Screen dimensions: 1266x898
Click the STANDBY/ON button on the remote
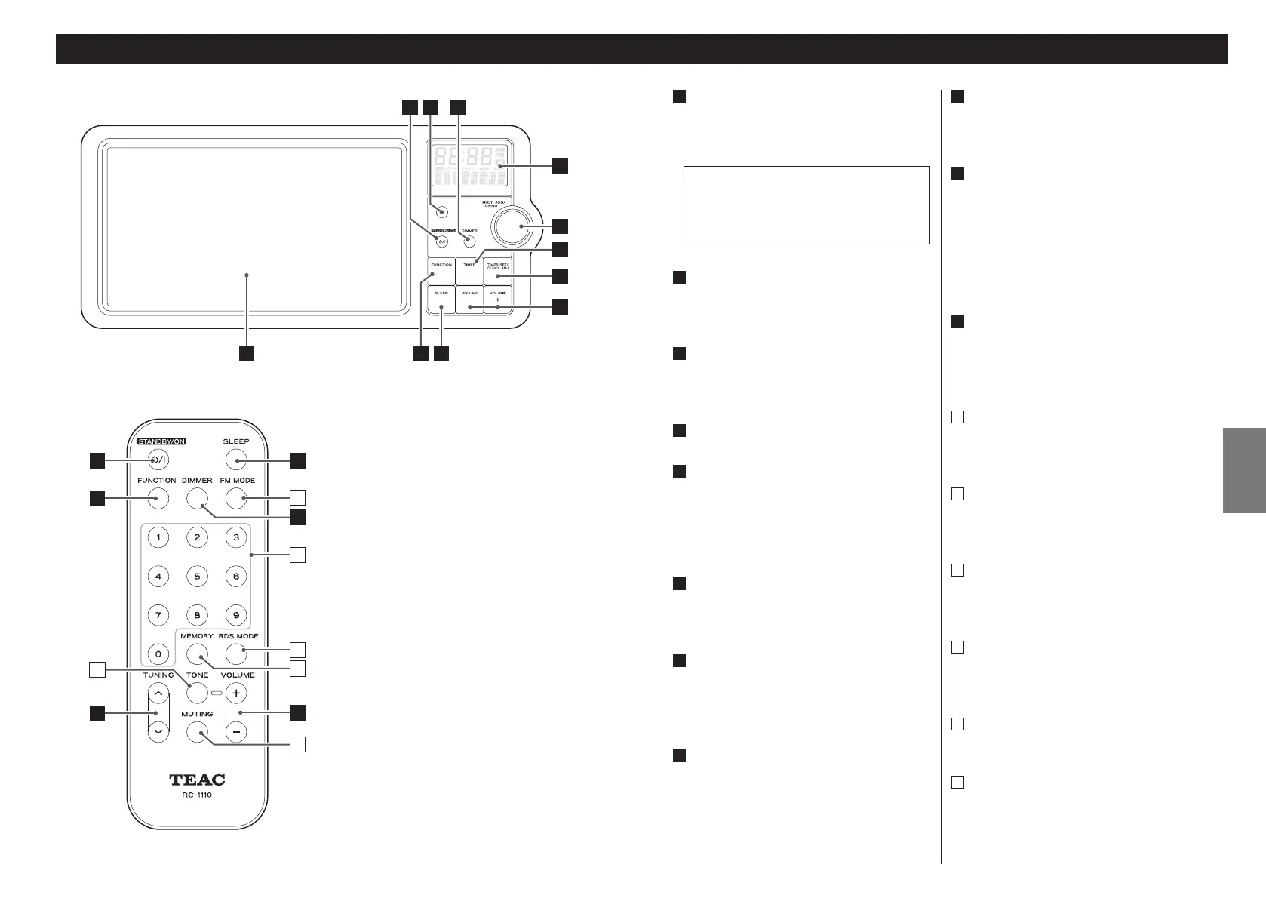pyautogui.click(x=158, y=460)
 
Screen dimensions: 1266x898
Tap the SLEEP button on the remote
pyautogui.click(x=236, y=460)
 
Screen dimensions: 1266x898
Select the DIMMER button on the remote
pyautogui.click(x=197, y=498)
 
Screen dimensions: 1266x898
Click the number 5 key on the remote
pyautogui.click(x=197, y=577)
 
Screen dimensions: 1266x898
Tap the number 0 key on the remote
pyautogui.click(x=158, y=654)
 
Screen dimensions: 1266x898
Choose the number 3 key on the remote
pyautogui.click(x=236, y=537)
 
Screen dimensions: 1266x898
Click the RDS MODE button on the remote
pyautogui.click(x=236, y=654)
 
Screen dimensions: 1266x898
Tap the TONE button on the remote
pyautogui.click(x=197, y=693)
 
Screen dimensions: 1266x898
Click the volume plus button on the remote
pyautogui.click(x=236, y=693)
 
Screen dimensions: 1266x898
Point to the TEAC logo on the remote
pyautogui.click(x=197, y=780)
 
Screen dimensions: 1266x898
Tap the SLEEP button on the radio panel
pyautogui.click(x=441, y=300)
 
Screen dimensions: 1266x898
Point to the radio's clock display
pyautogui.click(x=470, y=167)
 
